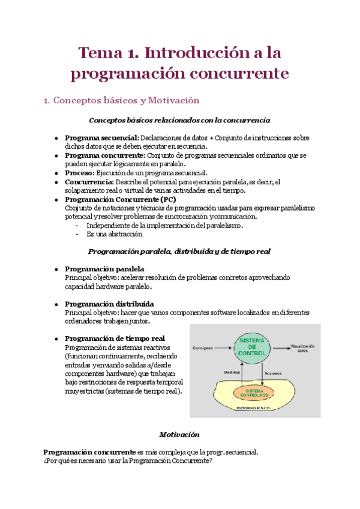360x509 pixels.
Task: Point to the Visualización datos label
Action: [x=304, y=348]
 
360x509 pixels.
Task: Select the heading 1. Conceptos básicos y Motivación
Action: [x=121, y=100]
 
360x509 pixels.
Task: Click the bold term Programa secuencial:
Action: [x=101, y=137]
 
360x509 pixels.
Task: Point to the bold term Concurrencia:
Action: [x=89, y=182]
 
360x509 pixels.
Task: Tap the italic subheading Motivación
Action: [x=179, y=434]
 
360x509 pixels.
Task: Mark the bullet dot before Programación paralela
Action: [x=56, y=270]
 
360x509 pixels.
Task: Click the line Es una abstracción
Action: [x=114, y=234]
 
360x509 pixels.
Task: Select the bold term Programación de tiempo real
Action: [x=114, y=339]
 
